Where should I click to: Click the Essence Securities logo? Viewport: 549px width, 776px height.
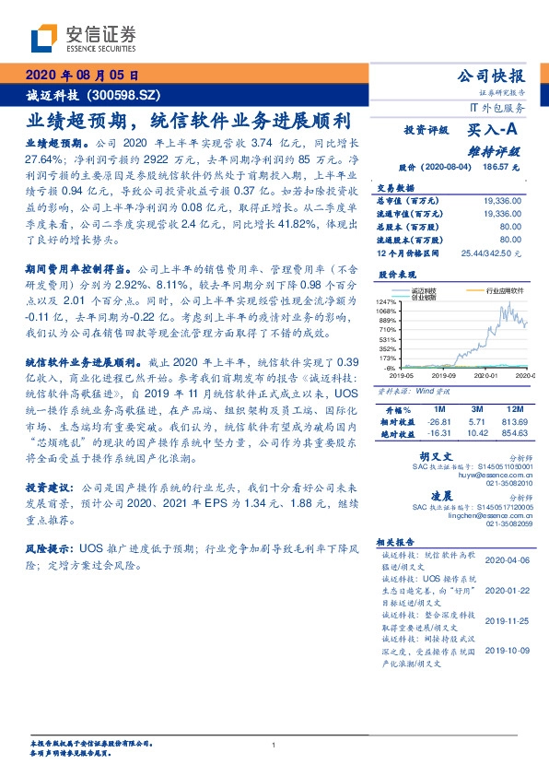[x=84, y=39]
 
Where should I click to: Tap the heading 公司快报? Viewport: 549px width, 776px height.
[x=498, y=76]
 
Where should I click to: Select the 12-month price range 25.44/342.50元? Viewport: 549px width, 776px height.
[x=493, y=253]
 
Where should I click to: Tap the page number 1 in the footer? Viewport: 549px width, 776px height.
[x=274, y=746]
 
